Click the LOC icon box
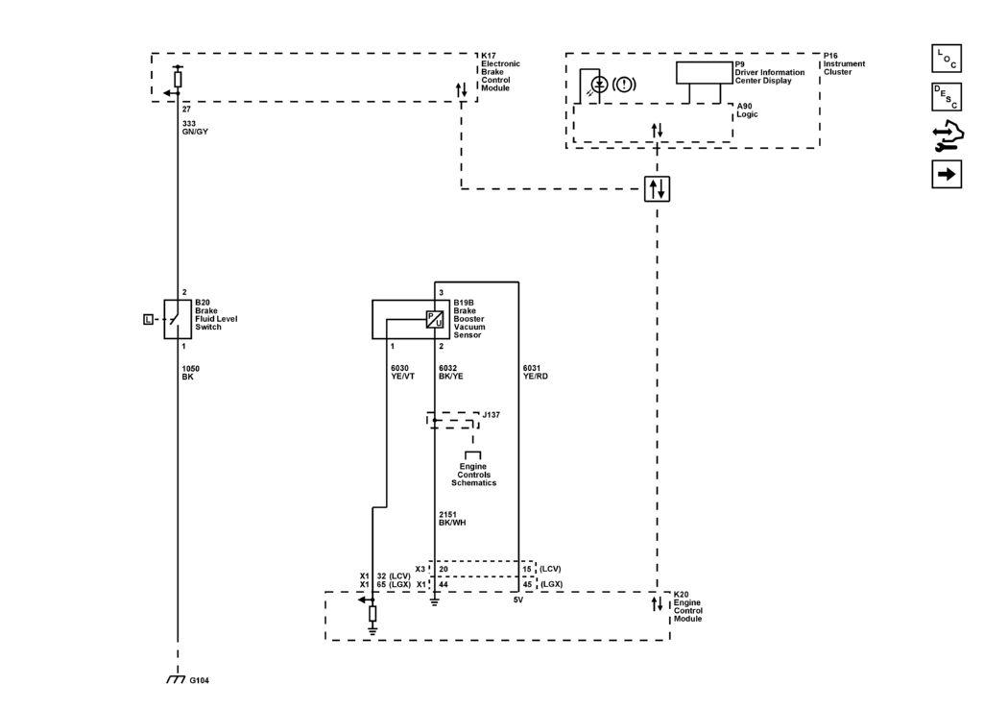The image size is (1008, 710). [x=947, y=59]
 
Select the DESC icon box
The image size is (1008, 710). [x=947, y=97]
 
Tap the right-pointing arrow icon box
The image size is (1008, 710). [x=947, y=174]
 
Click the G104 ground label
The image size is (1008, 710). [x=200, y=680]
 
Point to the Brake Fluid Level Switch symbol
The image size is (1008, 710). [x=178, y=319]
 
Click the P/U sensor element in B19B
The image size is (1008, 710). [x=435, y=320]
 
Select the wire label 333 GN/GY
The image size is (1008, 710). [x=195, y=128]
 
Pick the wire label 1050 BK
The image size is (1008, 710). [x=191, y=373]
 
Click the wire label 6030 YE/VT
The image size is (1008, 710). [x=403, y=373]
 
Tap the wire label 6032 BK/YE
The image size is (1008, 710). [x=450, y=373]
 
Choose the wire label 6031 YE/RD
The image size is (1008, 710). [x=536, y=373]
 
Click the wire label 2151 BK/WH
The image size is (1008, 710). [x=452, y=519]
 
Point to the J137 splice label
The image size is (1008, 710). [x=492, y=415]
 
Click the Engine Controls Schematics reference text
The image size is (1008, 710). [x=474, y=475]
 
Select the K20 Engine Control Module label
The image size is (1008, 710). [x=688, y=606]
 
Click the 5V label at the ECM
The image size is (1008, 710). [x=518, y=600]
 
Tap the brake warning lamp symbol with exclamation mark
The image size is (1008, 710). [x=624, y=85]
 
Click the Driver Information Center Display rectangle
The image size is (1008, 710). [x=705, y=73]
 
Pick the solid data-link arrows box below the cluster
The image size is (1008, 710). [x=657, y=189]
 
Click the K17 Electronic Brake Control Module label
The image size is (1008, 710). [x=501, y=72]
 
